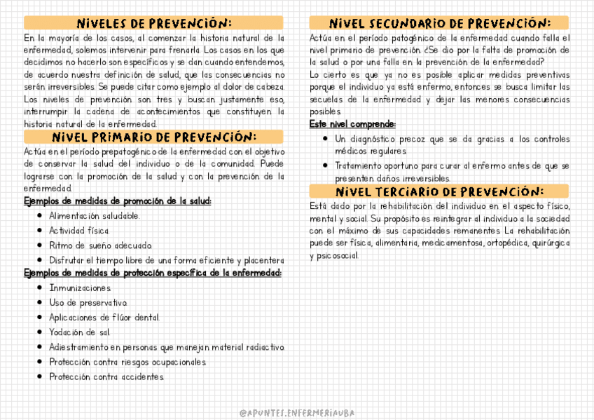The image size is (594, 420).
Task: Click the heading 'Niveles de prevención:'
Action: pos(153,22)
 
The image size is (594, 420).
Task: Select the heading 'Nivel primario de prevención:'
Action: pos(153,136)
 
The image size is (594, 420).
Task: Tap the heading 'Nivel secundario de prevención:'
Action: pos(439,22)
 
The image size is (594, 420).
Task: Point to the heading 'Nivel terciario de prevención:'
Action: pos(439,191)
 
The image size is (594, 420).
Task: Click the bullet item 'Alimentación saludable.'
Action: pos(94,215)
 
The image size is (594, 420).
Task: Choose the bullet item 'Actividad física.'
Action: pos(79,230)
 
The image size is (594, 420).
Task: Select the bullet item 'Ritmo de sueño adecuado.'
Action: pos(100,245)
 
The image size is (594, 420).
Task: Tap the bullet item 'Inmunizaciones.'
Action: pos(80,288)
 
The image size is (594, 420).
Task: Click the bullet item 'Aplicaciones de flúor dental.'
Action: pos(104,318)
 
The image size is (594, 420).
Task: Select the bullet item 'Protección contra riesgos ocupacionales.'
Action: pos(127,362)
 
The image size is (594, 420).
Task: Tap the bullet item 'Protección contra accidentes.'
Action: pos(106,377)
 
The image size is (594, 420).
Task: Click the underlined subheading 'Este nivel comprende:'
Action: pos(352,124)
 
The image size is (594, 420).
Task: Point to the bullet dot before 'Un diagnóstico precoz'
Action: pos(326,139)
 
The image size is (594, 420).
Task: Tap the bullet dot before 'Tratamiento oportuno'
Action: pos(326,166)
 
